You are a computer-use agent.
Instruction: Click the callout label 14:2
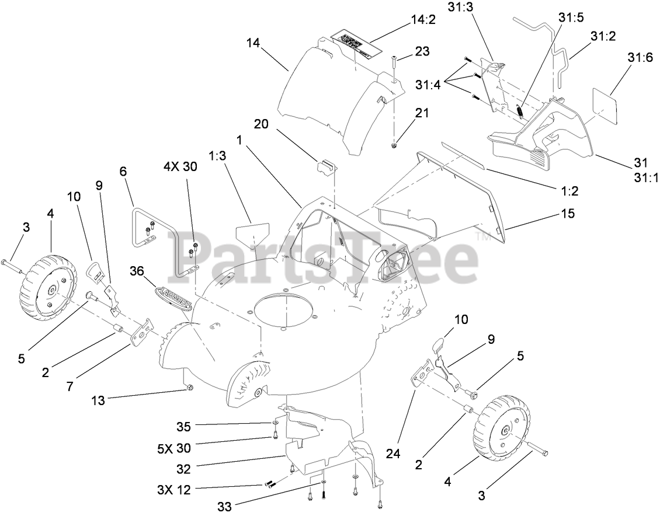(424, 19)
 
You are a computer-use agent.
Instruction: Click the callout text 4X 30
(180, 166)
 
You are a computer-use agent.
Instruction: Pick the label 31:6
(626, 59)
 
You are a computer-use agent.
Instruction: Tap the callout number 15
(568, 214)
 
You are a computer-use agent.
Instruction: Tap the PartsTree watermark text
(327, 255)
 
